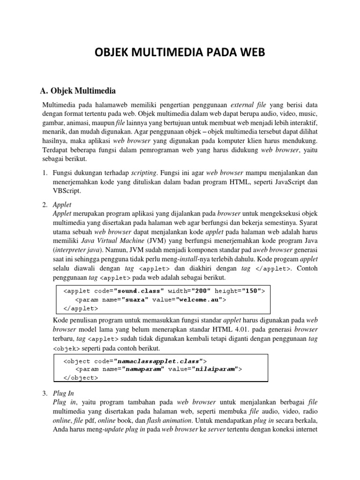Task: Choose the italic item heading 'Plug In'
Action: (63, 393)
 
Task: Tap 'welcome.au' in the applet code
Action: (200, 300)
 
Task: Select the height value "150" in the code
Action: (251, 291)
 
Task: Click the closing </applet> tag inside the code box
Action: (81, 308)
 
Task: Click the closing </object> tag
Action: (81, 378)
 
